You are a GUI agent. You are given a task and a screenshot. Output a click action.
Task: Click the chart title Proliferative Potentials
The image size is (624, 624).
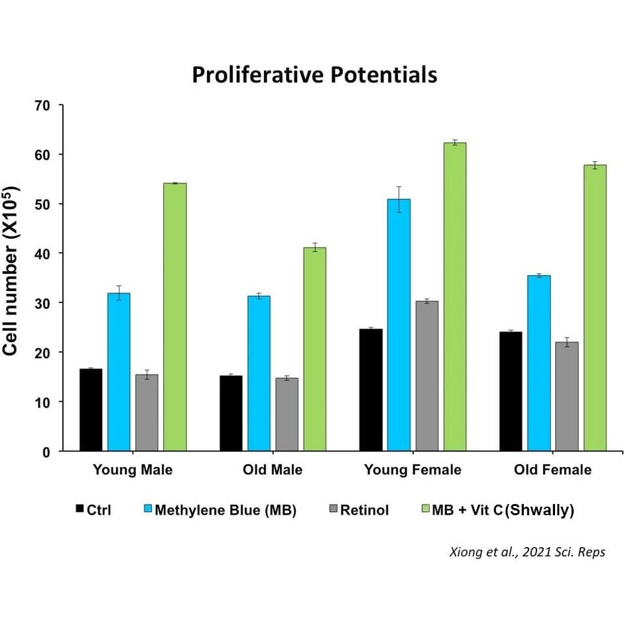(x=314, y=74)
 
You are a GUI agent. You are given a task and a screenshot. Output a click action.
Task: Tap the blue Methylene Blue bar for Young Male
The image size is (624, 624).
(x=119, y=371)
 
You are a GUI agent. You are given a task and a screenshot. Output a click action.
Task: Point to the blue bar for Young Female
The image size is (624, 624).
(x=399, y=325)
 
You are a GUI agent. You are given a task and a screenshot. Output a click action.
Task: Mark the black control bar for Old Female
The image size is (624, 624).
(x=511, y=391)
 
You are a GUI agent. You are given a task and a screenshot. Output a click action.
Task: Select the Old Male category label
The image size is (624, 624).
(x=273, y=470)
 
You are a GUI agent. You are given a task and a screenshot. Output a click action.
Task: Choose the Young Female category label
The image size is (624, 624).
(x=412, y=470)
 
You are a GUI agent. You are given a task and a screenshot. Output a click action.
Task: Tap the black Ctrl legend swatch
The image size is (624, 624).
(x=80, y=509)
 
